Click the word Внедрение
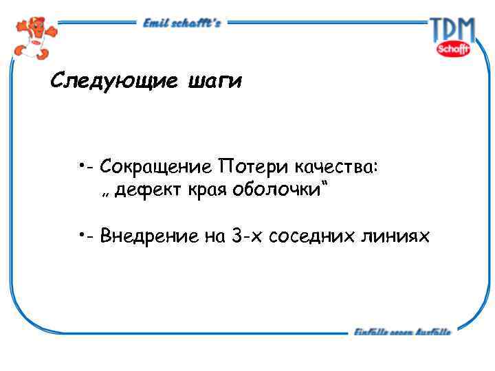click(x=148, y=237)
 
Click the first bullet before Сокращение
click(x=81, y=165)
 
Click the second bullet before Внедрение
click(x=81, y=235)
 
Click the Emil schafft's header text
click(x=181, y=23)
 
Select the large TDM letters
click(x=452, y=30)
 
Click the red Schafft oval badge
click(x=453, y=49)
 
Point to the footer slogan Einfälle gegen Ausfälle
click(x=402, y=333)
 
